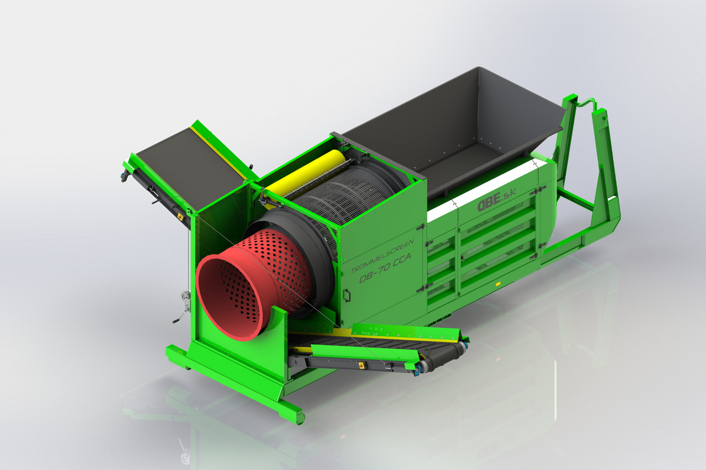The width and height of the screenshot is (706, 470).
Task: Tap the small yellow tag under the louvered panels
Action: (x=498, y=284)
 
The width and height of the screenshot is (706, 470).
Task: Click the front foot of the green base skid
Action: (x=298, y=416)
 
